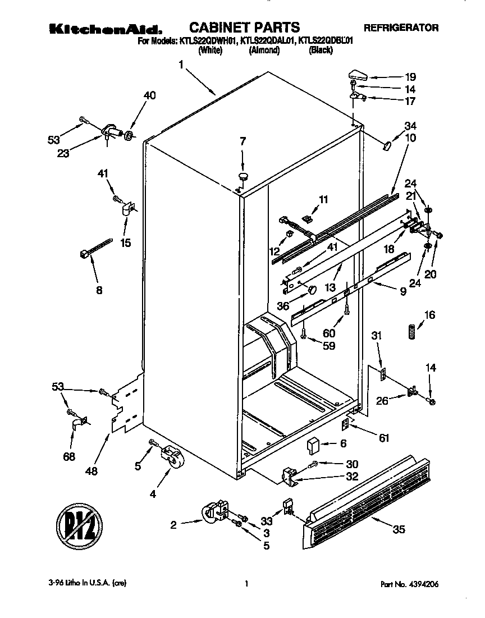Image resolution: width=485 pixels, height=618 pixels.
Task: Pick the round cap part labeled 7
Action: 243,177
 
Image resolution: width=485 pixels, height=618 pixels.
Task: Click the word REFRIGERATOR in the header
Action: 401,27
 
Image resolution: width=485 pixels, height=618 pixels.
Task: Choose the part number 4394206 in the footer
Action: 419,584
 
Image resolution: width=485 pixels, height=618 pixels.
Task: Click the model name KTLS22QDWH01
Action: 208,40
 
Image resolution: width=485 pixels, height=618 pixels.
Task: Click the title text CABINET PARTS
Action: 244,26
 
